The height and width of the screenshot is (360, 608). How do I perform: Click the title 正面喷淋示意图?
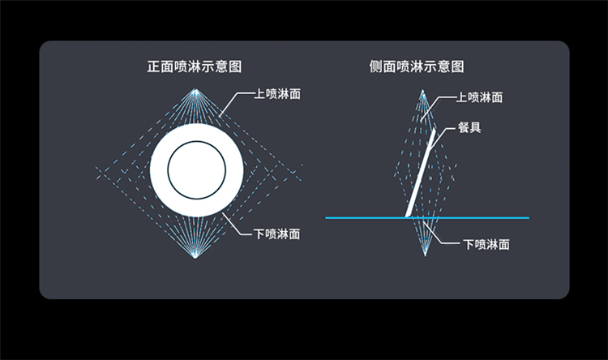pos(195,66)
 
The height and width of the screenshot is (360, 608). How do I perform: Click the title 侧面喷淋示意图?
pos(417,66)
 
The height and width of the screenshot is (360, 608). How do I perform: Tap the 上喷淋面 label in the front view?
pos(277,94)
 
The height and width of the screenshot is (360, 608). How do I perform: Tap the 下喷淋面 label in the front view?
pos(277,234)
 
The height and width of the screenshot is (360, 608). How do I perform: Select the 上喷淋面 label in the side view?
pos(479,97)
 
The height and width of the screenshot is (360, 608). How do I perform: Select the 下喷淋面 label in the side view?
pos(486,244)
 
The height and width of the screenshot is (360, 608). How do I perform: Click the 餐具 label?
pos(469,127)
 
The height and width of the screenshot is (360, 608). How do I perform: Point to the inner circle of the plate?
pos(197,141)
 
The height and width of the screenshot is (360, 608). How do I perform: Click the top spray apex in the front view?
pos(196,90)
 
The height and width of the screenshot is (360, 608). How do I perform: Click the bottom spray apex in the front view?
pos(195,256)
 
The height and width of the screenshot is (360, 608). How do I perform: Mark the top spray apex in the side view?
pos(422,92)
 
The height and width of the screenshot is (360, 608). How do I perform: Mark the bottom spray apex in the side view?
pos(425,255)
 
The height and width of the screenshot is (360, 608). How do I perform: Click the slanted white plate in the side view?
pos(420,173)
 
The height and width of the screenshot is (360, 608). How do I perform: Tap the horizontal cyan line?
pos(427,218)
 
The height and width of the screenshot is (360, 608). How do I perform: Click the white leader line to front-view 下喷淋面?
pos(237,225)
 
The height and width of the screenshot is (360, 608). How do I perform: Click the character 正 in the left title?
pos(153,66)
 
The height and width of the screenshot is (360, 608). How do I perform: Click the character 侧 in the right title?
pos(375,66)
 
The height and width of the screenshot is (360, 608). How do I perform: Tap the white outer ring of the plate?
pos(159,170)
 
